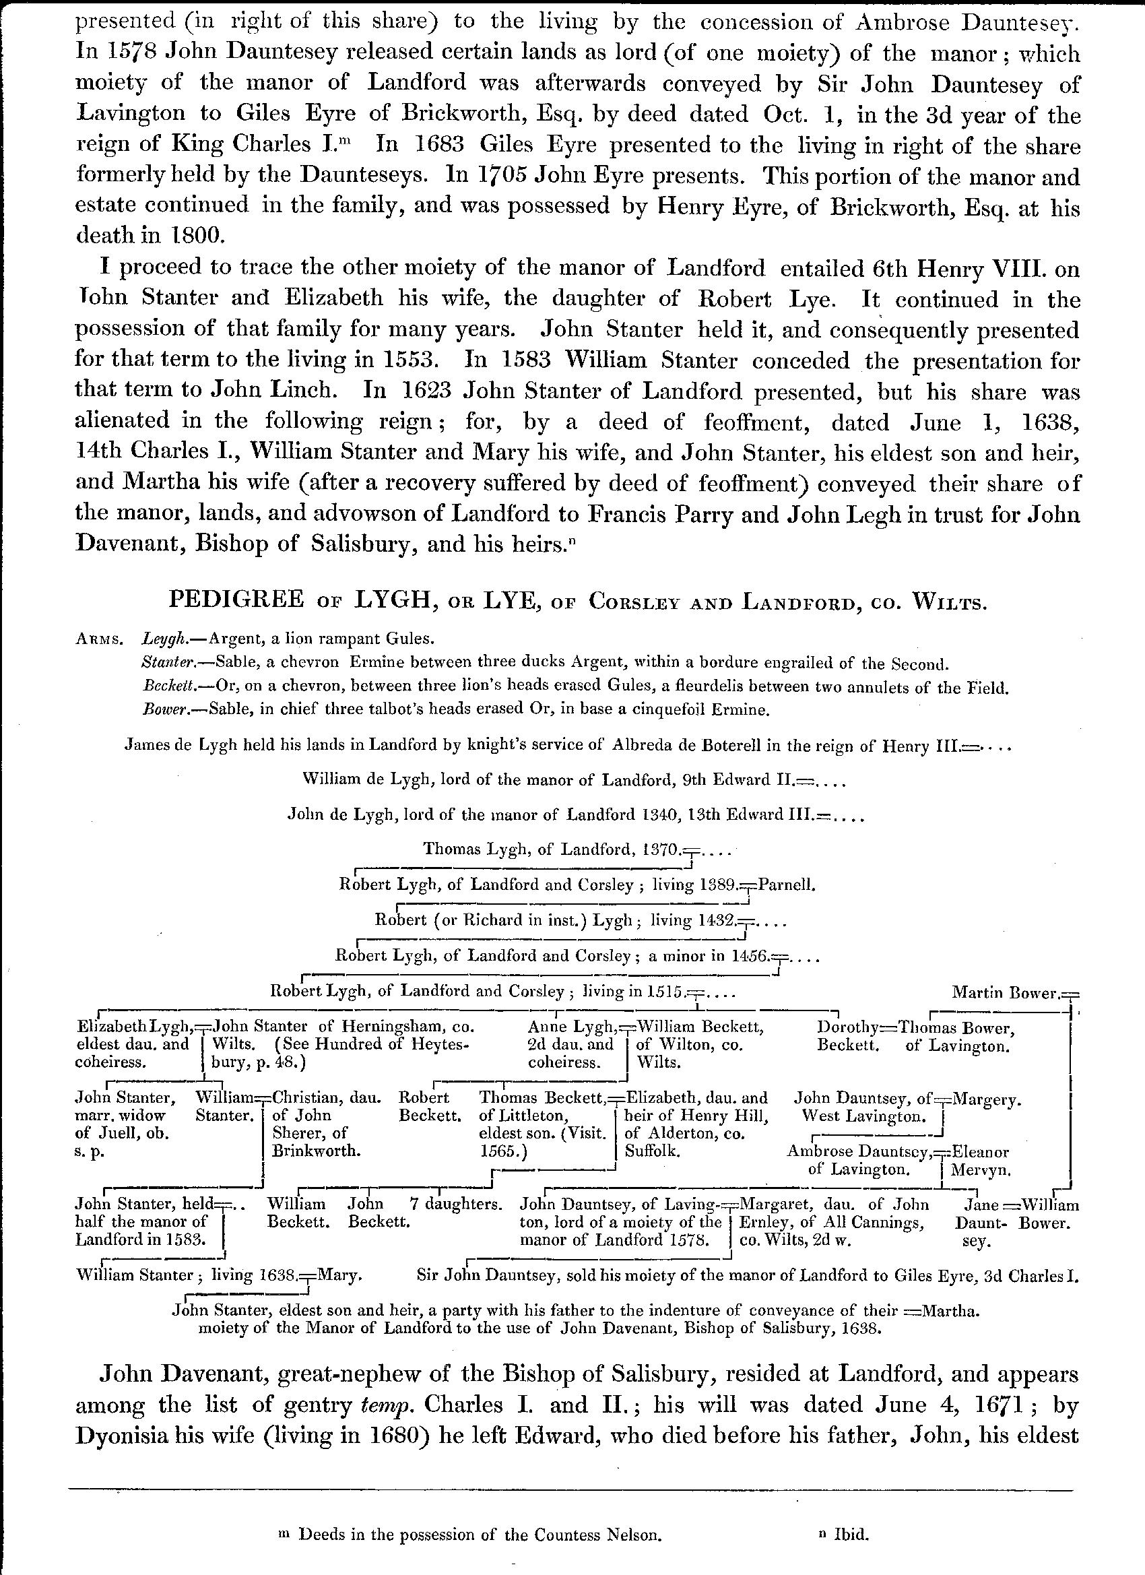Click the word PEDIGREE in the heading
tap(236, 600)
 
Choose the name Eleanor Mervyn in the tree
tap(980, 1161)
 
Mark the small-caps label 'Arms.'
tap(99, 640)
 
